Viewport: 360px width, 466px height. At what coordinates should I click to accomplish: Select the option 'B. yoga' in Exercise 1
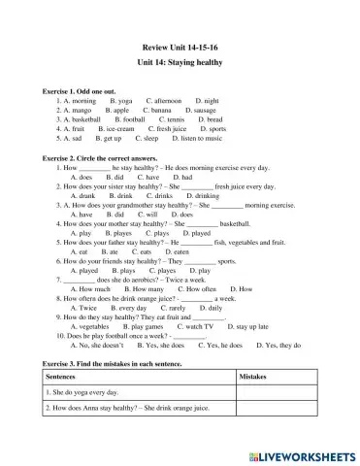[121, 100]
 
